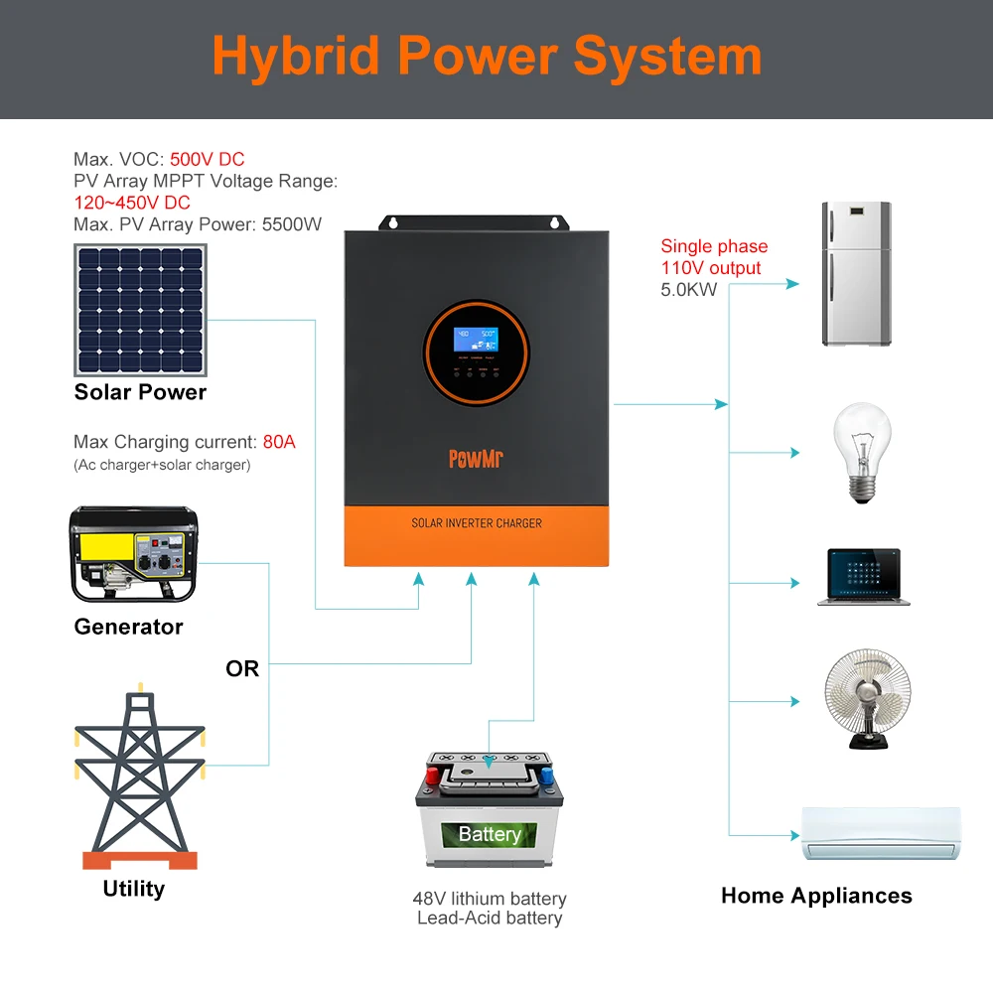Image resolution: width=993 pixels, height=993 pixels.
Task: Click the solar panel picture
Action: click(x=139, y=310)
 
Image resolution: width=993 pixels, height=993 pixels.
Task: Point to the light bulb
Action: click(x=860, y=453)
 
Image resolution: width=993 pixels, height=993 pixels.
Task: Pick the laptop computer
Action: click(x=863, y=575)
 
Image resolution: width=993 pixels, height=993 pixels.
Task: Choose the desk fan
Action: click(x=867, y=700)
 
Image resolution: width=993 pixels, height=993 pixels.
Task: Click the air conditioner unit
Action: click(x=881, y=832)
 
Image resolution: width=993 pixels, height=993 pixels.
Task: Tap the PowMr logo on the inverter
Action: click(x=477, y=459)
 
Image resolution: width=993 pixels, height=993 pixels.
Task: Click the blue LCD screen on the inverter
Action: click(x=476, y=339)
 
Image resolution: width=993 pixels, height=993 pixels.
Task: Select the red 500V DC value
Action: click(x=207, y=159)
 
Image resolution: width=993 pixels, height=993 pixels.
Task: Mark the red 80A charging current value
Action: click(x=279, y=442)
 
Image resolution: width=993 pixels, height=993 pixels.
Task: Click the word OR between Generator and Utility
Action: click(x=242, y=669)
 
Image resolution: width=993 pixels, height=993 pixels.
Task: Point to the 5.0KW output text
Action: click(x=688, y=290)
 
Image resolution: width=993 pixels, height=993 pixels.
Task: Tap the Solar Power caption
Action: click(x=140, y=392)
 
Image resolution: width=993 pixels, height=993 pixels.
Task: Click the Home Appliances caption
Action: click(x=816, y=896)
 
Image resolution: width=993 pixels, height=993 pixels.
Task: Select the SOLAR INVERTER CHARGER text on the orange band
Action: click(x=477, y=522)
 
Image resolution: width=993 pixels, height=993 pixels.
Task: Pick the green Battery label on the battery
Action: click(x=490, y=834)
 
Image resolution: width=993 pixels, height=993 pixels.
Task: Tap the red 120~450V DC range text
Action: click(x=132, y=203)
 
